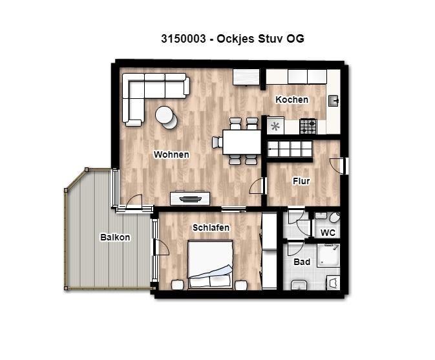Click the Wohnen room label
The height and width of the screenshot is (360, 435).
[171, 154]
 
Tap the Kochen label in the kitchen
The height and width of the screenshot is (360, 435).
[292, 100]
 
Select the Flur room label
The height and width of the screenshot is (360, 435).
[301, 181]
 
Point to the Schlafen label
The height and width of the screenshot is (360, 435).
[211, 228]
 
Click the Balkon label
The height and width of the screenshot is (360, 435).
[115, 237]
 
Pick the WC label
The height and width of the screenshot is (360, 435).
[328, 233]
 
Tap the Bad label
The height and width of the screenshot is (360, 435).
[302, 262]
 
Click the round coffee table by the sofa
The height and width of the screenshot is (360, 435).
[166, 118]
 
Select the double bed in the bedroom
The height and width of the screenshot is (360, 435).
[210, 264]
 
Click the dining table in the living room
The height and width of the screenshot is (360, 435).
[242, 142]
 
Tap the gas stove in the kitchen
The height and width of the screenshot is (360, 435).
[308, 126]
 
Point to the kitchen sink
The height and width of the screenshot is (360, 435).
[333, 101]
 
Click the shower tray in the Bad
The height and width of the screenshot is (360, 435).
[328, 255]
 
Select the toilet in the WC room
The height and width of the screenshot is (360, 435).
[335, 217]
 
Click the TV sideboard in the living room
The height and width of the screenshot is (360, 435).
[190, 198]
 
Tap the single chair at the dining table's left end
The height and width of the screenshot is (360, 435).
[217, 142]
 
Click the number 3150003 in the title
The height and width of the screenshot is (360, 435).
[184, 39]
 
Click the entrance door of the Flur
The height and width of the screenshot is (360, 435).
[339, 166]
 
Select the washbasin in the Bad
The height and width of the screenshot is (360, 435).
[299, 285]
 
